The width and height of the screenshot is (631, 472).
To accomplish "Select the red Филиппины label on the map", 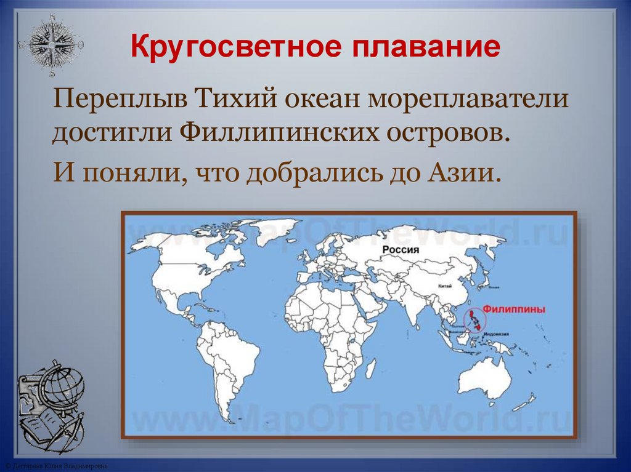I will (514, 310).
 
